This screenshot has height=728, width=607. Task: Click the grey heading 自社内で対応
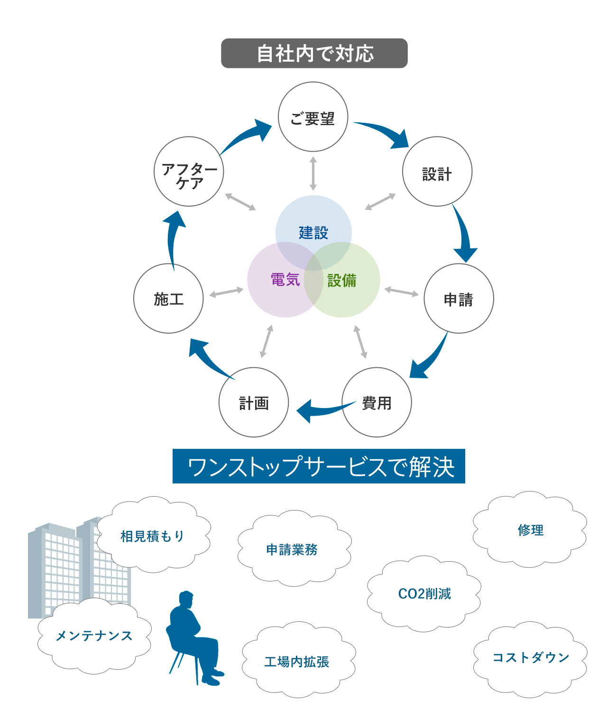click(314, 53)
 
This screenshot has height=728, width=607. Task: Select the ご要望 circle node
click(313, 117)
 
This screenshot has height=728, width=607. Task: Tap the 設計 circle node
click(437, 172)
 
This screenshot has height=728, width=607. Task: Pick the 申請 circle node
click(459, 299)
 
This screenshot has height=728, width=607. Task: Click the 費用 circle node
click(377, 402)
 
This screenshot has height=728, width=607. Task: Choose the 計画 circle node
click(254, 402)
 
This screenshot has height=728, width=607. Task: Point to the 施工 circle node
click(168, 299)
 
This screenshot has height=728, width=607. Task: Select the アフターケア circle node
click(189, 172)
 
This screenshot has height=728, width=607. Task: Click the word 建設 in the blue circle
click(313, 232)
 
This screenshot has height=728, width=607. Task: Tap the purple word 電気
click(285, 280)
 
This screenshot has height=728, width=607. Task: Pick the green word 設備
click(342, 280)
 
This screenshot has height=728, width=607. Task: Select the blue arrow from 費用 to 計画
click(322, 410)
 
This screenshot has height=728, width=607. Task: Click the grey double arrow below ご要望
click(313, 173)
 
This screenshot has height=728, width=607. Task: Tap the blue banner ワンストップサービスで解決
click(319, 466)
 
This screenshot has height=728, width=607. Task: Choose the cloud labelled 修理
click(530, 530)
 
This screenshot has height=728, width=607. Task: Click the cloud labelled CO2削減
click(424, 593)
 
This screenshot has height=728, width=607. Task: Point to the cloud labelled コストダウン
click(530, 658)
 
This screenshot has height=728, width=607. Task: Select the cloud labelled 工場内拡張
click(297, 662)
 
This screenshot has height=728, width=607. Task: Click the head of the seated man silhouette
click(186, 599)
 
